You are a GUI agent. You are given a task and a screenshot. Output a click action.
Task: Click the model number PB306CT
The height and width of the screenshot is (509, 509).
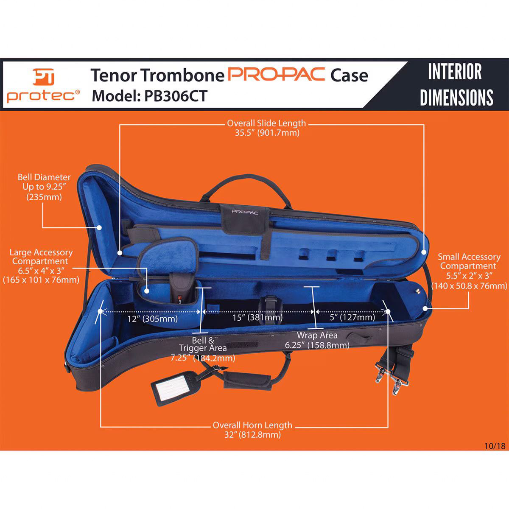(x=150, y=96)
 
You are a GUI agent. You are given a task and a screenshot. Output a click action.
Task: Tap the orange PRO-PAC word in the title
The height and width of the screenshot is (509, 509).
(x=277, y=74)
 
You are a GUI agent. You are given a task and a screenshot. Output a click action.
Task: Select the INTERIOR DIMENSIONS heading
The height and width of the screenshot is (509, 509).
(x=456, y=84)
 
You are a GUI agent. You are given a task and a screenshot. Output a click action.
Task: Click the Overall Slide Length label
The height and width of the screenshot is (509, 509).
(x=266, y=128)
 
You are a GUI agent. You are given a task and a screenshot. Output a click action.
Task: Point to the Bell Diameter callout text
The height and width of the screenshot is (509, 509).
(x=44, y=187)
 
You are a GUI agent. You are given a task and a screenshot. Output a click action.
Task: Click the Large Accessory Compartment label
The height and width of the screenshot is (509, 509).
(x=41, y=266)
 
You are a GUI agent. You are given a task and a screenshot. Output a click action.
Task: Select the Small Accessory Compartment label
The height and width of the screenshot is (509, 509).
(x=469, y=271)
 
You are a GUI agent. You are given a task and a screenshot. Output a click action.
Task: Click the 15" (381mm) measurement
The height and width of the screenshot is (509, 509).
(x=258, y=317)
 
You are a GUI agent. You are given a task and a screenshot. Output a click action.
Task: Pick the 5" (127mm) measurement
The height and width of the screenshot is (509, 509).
(x=352, y=317)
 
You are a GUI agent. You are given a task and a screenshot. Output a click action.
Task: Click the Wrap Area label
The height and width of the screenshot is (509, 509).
(x=317, y=340)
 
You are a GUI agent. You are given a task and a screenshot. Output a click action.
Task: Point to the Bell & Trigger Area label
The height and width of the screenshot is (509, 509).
(x=203, y=349)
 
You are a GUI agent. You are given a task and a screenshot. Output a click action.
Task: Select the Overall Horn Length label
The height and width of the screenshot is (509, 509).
(x=252, y=429)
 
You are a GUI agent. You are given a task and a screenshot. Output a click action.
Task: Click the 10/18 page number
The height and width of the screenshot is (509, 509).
(x=494, y=446)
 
